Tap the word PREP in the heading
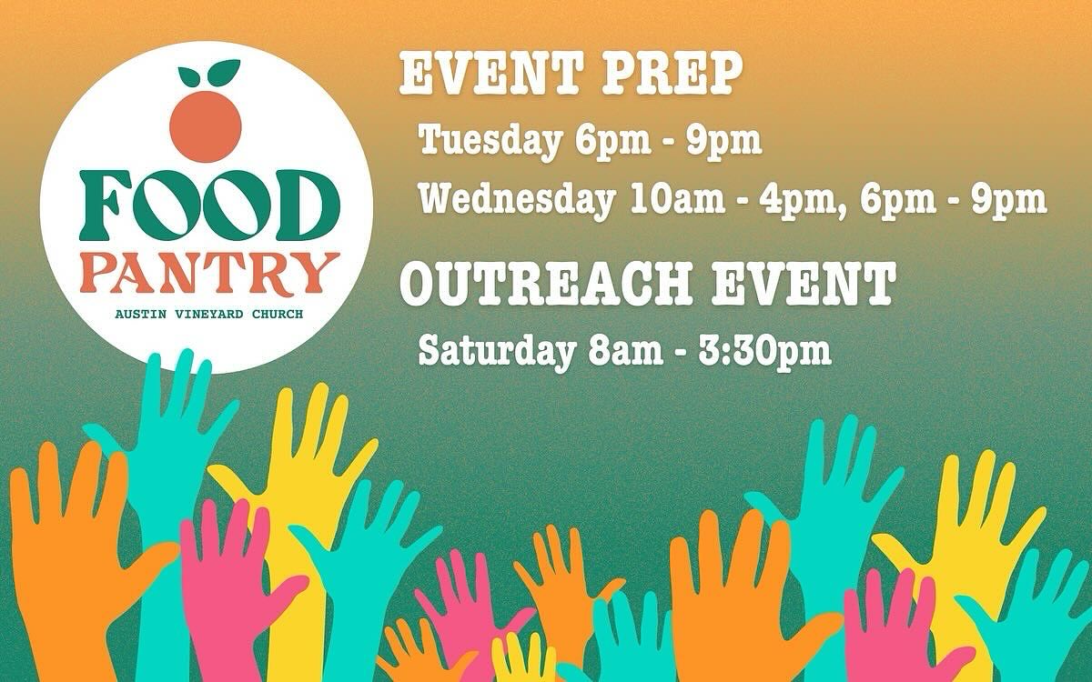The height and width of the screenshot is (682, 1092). (x=672, y=75)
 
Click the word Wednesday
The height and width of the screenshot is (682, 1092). (x=516, y=200)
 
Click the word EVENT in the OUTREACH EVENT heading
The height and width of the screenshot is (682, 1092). (x=803, y=284)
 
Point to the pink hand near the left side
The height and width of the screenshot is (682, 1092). (x=227, y=582)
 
